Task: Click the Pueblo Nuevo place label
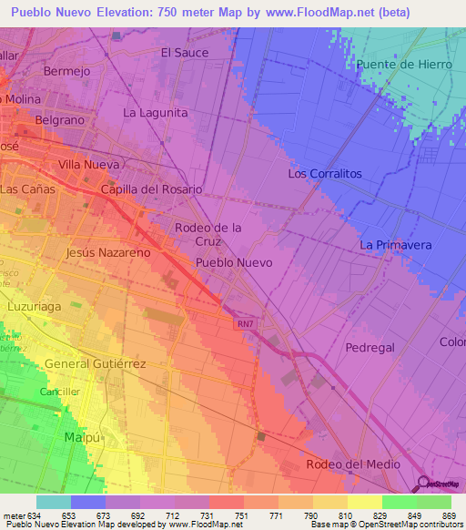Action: (234, 262)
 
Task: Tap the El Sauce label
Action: (185, 53)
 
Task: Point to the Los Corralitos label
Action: (325, 173)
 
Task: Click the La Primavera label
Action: (395, 246)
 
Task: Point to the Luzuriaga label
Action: (34, 307)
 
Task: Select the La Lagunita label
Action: (156, 113)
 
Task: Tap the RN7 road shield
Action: (244, 323)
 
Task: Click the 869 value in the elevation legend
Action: (449, 515)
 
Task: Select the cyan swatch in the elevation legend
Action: (54, 502)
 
